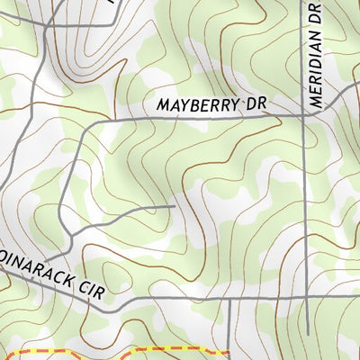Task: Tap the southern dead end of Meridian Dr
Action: coord(306,334)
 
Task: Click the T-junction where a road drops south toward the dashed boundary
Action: coord(229,299)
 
